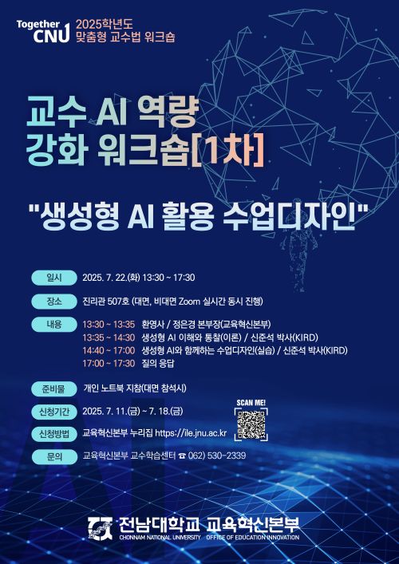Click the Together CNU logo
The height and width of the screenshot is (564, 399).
click(43, 31)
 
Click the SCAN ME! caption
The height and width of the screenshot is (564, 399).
click(251, 403)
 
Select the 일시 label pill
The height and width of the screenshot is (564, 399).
click(54, 278)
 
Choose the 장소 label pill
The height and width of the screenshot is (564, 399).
click(54, 302)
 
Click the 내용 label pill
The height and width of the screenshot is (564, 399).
click(54, 325)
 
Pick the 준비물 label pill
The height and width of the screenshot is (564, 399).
click(54, 388)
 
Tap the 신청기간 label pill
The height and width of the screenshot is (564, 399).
click(54, 411)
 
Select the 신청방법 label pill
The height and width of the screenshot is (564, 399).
click(54, 433)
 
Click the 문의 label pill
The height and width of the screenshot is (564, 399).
click(54, 456)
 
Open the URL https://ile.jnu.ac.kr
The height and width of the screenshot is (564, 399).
click(191, 433)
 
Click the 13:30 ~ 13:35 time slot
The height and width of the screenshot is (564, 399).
click(109, 325)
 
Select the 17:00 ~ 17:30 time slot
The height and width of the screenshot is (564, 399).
click(109, 363)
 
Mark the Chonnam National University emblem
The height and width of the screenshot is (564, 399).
click(100, 530)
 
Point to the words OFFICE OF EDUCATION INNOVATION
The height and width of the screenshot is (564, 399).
click(253, 538)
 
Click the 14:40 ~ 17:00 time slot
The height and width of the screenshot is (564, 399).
click(109, 350)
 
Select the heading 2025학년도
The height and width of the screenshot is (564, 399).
click(105, 24)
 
